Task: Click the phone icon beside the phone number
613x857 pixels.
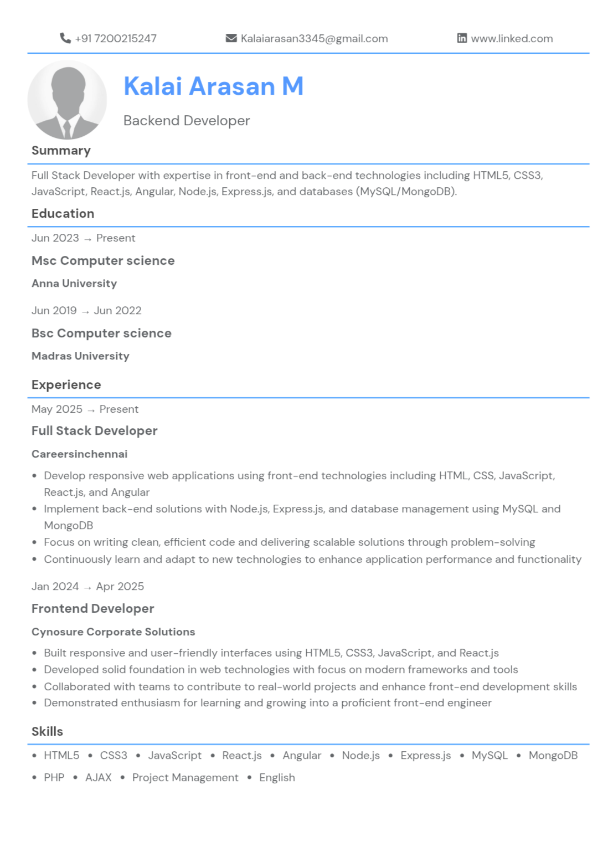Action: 65,38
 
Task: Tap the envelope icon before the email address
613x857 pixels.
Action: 231,38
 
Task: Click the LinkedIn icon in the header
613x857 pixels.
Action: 462,38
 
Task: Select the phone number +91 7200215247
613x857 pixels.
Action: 116,39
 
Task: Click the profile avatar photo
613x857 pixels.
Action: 67,100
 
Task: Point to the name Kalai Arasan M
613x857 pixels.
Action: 213,86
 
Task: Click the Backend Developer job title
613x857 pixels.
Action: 187,121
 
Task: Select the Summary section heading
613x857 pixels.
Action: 61,151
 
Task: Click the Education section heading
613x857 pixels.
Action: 63,214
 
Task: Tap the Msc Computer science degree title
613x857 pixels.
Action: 103,261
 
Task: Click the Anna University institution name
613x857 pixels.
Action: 74,284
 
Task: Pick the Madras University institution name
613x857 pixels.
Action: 80,356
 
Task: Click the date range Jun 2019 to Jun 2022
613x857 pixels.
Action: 86,311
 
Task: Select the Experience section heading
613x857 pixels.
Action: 66,385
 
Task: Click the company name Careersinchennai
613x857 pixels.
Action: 79,454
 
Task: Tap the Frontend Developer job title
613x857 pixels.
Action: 92,609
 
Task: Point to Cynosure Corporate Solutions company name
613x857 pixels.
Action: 113,632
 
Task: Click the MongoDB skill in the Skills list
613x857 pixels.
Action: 553,756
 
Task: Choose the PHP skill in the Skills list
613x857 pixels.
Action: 54,778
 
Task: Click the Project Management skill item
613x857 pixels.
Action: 185,778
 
